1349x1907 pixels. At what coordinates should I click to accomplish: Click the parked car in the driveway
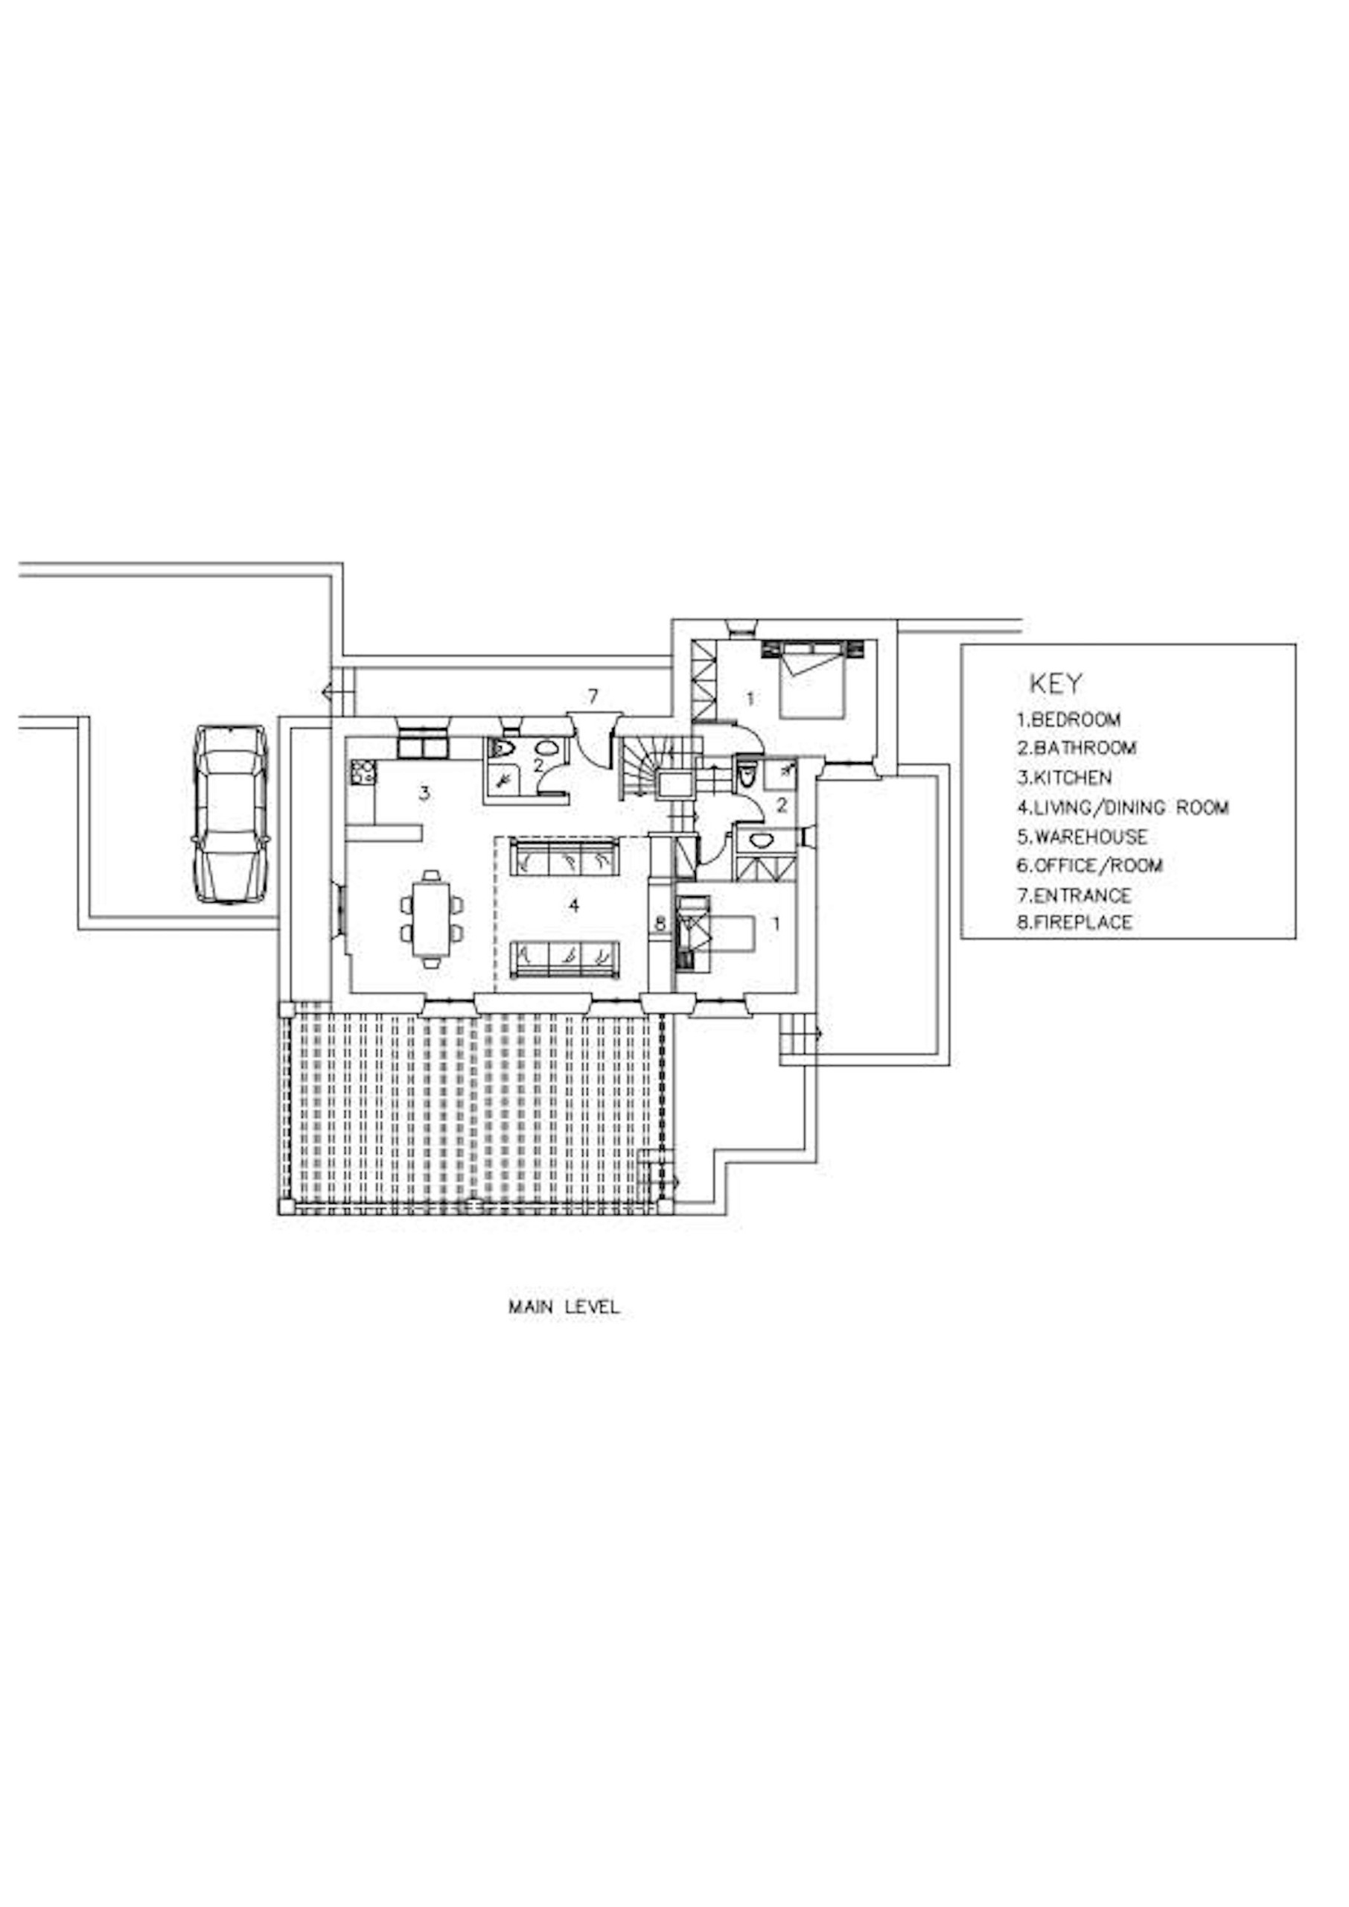pos(230,814)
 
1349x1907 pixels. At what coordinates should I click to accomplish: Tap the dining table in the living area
pos(431,919)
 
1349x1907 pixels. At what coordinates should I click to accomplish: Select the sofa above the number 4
pos(565,857)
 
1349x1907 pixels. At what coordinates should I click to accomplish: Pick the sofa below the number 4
pos(565,959)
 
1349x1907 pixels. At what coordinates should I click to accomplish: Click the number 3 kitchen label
pos(424,793)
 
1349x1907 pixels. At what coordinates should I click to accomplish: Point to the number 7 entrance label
pos(593,697)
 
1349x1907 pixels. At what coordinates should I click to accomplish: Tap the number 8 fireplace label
pos(660,923)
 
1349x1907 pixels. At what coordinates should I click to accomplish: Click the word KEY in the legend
pos(1056,684)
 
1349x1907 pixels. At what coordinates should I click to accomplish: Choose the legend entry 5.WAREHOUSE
pos(1082,837)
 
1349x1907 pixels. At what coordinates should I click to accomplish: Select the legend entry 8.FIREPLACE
pos(1075,922)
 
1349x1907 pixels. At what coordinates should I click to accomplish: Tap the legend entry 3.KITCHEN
pos(1064,778)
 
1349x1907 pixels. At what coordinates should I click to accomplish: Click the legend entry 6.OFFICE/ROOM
pos(1090,866)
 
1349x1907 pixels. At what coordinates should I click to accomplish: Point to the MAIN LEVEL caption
pos(564,1307)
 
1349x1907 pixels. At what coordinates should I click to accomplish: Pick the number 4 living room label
pos(573,906)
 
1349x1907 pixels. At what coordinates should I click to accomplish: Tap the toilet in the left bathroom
pos(500,748)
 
